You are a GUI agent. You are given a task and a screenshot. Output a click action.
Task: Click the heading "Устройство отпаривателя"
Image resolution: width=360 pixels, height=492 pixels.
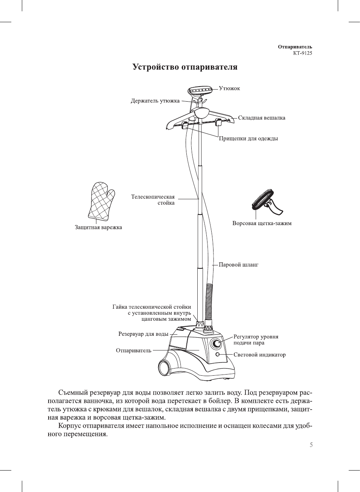(x=185, y=67)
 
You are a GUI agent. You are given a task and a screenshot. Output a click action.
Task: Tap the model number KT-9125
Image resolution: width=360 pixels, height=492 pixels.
(x=302, y=53)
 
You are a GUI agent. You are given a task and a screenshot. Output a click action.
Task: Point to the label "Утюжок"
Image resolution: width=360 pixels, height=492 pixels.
(x=229, y=88)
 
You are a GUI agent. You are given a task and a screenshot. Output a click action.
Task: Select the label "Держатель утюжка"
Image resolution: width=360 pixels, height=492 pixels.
(x=155, y=101)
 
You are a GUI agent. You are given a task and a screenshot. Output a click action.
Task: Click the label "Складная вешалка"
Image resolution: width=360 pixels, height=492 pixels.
(x=261, y=118)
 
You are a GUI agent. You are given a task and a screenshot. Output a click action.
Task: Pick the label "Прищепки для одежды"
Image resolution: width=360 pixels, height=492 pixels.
(x=248, y=139)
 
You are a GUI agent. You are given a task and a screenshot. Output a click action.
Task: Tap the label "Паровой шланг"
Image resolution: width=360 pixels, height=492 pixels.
(x=238, y=265)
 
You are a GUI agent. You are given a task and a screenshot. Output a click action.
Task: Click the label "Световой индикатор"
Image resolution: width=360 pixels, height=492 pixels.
(x=259, y=355)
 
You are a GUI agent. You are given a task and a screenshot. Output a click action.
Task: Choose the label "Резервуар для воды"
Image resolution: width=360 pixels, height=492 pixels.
(x=143, y=334)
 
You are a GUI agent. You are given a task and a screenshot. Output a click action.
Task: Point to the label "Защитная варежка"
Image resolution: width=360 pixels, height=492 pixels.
(x=98, y=227)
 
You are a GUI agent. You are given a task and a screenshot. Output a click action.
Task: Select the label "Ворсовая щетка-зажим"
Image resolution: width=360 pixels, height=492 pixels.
(x=262, y=223)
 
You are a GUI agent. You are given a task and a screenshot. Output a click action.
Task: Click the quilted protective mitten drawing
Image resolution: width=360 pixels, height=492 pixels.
(x=101, y=201)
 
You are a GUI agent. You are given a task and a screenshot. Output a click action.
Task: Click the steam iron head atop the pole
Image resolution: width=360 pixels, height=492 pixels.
(x=202, y=91)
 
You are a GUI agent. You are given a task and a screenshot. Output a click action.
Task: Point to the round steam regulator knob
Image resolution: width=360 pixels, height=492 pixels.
(x=217, y=343)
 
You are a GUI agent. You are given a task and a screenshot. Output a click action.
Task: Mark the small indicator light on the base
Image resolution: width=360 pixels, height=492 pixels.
(x=218, y=355)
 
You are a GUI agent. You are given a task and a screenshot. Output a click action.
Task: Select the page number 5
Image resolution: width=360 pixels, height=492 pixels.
(x=311, y=445)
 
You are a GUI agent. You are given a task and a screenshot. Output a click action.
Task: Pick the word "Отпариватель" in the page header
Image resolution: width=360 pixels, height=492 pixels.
(x=295, y=47)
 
